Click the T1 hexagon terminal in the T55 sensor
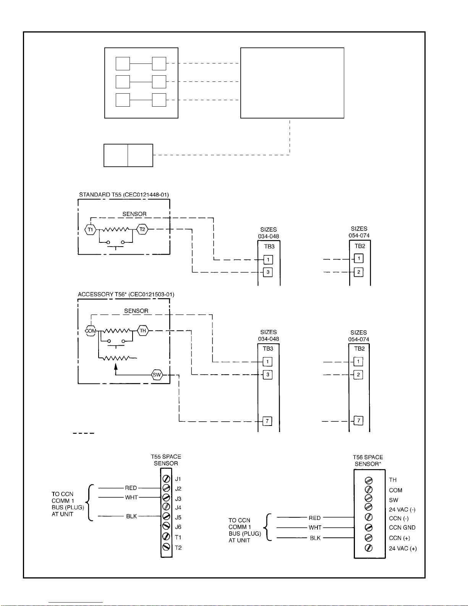pos(90,229)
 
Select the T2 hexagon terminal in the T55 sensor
pos(143,229)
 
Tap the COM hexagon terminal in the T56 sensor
pos(91,331)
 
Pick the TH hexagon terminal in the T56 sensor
pos(143,330)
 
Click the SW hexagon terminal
pos(157,375)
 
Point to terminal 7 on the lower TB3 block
pos(267,421)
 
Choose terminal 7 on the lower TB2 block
pos(358,420)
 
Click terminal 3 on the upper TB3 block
pos(268,272)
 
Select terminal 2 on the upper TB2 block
pos(359,272)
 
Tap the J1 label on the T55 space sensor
pos(178,479)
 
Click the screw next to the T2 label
pos(166,547)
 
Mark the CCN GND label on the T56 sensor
pos(402,527)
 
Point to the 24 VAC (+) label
pos(403,548)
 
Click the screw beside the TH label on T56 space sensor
pos(369,480)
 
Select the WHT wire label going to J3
pos(131,497)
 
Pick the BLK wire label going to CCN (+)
pos(315,538)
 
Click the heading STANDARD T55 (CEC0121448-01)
pos(124,194)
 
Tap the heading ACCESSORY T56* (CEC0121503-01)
pos(126,294)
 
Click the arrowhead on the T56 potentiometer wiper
pos(116,366)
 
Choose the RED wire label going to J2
pos(131,488)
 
